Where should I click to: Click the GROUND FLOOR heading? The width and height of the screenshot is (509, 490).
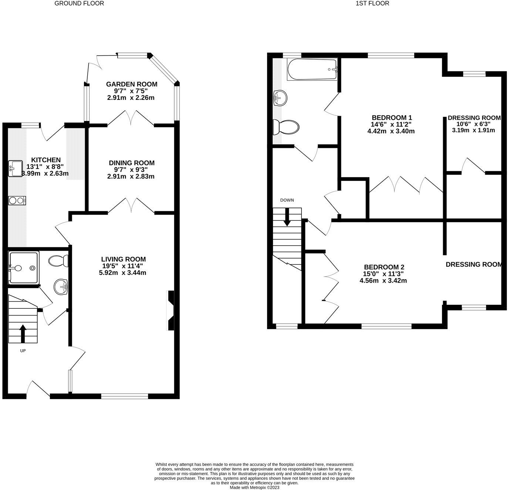(x=79, y=3)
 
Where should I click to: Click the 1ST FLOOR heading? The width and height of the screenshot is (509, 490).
(x=372, y=3)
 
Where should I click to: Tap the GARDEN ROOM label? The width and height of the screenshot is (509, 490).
(x=131, y=84)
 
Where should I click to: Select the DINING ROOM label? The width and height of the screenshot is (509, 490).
(x=131, y=163)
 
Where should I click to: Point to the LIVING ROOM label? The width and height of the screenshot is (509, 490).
(x=124, y=260)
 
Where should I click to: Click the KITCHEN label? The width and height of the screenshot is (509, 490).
(x=45, y=160)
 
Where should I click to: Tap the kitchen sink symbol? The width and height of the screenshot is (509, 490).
(x=15, y=169)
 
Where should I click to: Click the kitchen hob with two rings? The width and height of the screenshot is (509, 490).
(x=17, y=200)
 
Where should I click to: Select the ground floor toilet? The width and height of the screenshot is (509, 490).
(x=58, y=261)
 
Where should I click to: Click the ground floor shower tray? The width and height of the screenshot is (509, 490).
(x=23, y=267)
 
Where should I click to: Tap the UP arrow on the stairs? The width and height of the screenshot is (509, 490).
(x=23, y=333)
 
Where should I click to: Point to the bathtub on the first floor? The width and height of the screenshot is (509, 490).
(x=312, y=70)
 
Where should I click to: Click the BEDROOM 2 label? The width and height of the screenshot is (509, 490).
(x=384, y=267)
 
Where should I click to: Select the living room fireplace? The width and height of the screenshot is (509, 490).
(x=171, y=310)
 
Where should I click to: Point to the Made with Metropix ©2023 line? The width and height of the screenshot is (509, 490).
(x=254, y=487)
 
